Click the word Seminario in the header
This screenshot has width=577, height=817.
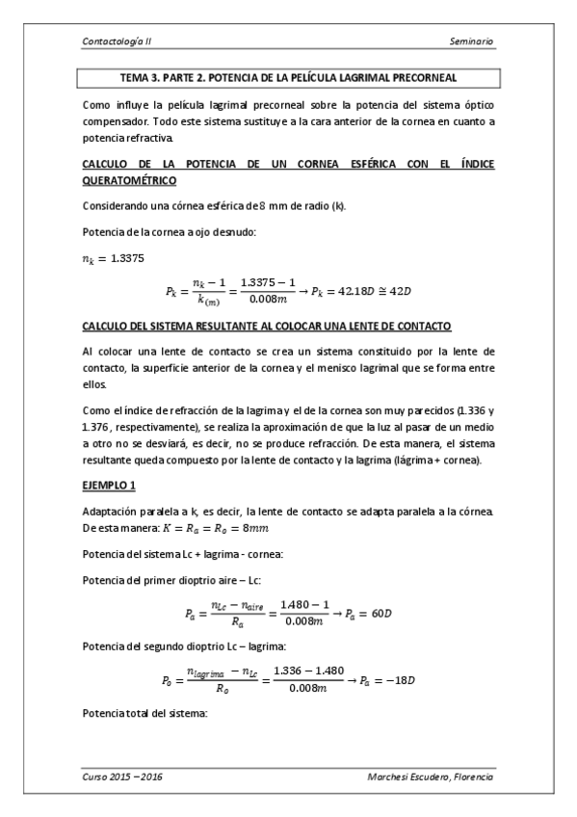click(471, 42)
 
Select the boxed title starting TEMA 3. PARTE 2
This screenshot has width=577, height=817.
click(288, 76)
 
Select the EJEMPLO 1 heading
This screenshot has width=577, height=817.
click(112, 485)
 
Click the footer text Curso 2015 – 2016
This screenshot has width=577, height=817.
click(122, 777)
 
